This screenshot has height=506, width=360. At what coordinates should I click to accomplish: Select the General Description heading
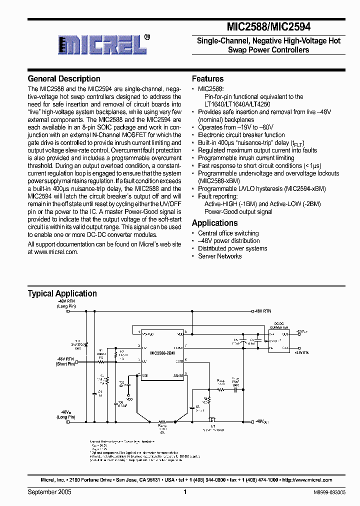(x=64, y=79)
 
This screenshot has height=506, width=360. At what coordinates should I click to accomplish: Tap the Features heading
(x=207, y=79)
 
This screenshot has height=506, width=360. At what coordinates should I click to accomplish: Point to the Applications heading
(x=214, y=223)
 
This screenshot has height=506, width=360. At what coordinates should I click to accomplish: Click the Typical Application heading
(x=62, y=293)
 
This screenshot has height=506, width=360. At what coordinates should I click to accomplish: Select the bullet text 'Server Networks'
(x=219, y=256)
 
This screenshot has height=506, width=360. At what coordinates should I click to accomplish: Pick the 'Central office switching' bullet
(x=228, y=233)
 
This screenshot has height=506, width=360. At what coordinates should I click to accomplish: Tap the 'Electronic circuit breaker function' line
(x=241, y=135)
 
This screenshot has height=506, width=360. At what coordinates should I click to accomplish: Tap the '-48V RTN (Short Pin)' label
(x=65, y=361)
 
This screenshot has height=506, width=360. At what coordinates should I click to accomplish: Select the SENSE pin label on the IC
(x=178, y=374)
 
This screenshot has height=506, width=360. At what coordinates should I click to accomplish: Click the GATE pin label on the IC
(x=179, y=360)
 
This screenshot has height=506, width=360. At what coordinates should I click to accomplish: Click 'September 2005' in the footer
(x=49, y=492)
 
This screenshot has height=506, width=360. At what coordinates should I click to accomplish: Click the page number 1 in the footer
(x=185, y=492)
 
